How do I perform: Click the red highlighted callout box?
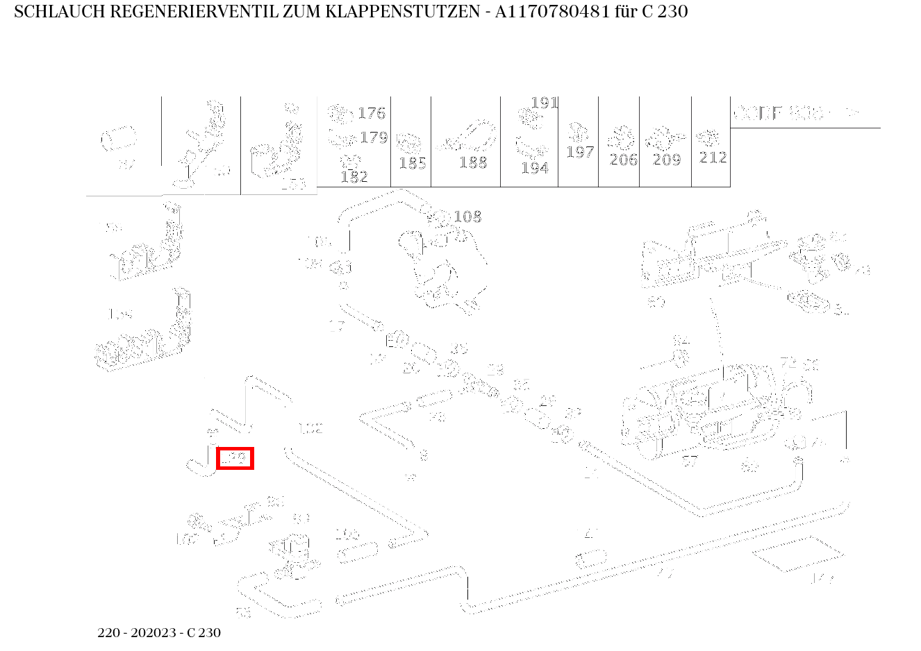pyautogui.click(x=235, y=459)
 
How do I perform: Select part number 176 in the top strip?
pyautogui.click(x=371, y=114)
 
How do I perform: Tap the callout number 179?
pyautogui.click(x=374, y=137)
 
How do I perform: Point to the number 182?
pyautogui.click(x=354, y=177)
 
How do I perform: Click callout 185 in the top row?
pyautogui.click(x=412, y=164)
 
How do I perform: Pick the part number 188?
pyautogui.click(x=473, y=162)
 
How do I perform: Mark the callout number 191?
pyautogui.click(x=544, y=103)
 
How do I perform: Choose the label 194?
pyautogui.click(x=534, y=168)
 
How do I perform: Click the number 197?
pyautogui.click(x=579, y=152)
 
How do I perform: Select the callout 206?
pyautogui.click(x=623, y=160)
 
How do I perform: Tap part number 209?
pyautogui.click(x=667, y=160)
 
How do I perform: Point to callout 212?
pyautogui.click(x=713, y=158)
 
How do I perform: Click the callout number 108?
pyautogui.click(x=467, y=217)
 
